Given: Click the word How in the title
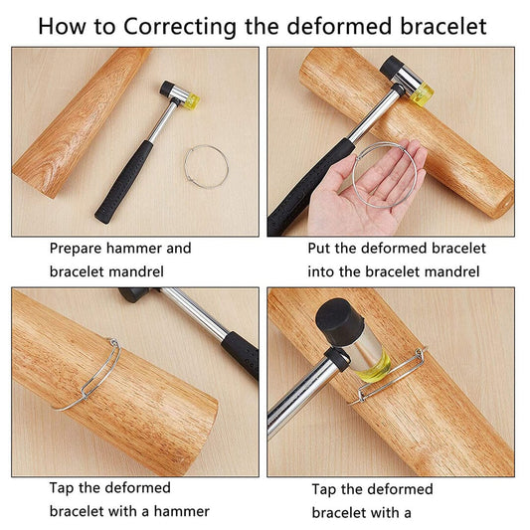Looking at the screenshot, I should (x=63, y=25).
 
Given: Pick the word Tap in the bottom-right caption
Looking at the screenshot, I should (x=325, y=489).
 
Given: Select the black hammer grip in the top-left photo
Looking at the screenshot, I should (x=125, y=180).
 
